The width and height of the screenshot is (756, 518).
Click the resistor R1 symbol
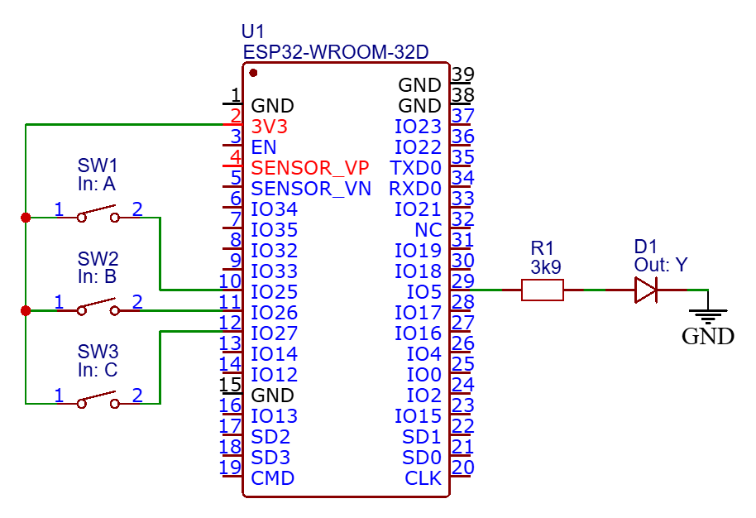coord(543,290)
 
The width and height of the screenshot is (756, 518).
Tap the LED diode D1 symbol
coord(645,290)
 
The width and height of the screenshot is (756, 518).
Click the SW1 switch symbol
coord(98,217)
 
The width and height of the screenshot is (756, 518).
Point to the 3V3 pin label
coord(270,127)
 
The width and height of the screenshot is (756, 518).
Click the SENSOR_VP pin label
coord(310,168)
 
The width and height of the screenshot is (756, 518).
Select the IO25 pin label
coord(274,292)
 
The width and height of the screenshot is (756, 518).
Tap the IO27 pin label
coord(274,333)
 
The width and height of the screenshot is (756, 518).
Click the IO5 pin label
coord(424,292)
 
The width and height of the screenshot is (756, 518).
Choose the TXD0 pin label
coord(415,168)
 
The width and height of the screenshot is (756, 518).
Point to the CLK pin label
coord(423,478)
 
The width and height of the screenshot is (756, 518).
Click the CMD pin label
coord(273,478)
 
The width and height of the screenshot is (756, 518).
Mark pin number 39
coord(463,74)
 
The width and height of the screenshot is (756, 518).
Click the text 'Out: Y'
coord(661,266)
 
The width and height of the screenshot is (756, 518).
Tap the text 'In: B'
coord(97,277)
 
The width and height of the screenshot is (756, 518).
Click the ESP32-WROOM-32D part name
coord(335,52)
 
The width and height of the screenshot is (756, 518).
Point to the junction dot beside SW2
coord(26,311)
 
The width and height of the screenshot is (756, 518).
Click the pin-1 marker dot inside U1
coord(252,73)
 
